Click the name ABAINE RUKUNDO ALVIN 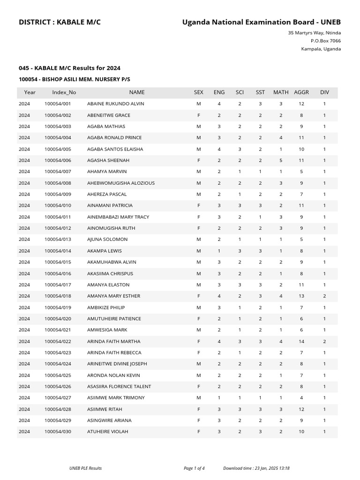click(x=115, y=104)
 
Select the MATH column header click(x=281, y=92)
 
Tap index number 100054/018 click(x=58, y=296)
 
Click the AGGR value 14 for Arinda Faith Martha click(x=301, y=341)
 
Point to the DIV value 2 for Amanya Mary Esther click(x=324, y=296)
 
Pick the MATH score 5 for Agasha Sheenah click(x=281, y=160)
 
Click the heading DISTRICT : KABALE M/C click(x=60, y=22)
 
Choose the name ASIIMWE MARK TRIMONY click(x=116, y=398)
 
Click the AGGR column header click(x=301, y=92)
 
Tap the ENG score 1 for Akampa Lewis click(x=219, y=251)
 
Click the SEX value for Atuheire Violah click(x=199, y=432)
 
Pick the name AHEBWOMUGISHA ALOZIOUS click(x=121, y=183)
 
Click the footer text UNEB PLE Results click(x=85, y=468)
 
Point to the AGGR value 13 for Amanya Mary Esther click(x=301, y=296)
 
